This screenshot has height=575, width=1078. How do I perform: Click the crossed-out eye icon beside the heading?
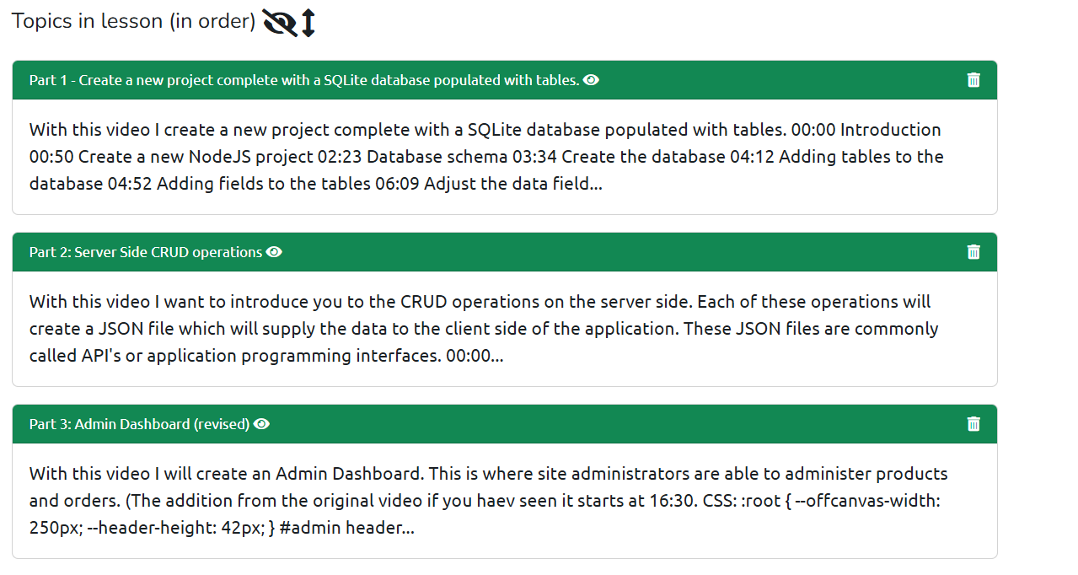tap(280, 23)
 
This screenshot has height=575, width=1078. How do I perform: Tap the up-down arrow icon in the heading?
tap(308, 23)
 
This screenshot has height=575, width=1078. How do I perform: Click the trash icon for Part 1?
tap(973, 80)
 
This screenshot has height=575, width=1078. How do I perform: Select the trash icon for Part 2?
tap(973, 252)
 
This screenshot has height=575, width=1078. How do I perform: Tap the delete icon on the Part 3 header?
tap(973, 424)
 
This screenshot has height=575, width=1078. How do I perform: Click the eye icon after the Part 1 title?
tap(591, 80)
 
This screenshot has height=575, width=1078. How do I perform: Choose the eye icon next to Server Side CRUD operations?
tap(274, 252)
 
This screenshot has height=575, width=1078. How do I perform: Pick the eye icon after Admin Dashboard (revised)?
tap(261, 424)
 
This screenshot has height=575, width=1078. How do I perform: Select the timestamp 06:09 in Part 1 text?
tap(397, 184)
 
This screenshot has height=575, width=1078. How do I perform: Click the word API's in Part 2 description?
tap(101, 356)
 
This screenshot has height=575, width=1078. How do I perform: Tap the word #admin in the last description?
tap(310, 528)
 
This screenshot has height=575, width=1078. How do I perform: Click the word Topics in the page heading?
tap(42, 22)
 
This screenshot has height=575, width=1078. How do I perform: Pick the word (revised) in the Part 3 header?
tap(222, 424)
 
